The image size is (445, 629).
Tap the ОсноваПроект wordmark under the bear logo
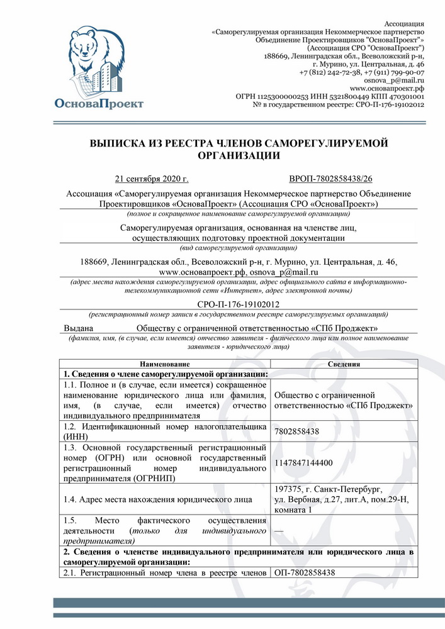tap(99, 103)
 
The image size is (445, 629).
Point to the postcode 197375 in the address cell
tap(290, 489)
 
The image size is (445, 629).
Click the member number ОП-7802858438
tap(305, 572)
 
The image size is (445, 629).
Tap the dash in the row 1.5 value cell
tap(279, 532)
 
